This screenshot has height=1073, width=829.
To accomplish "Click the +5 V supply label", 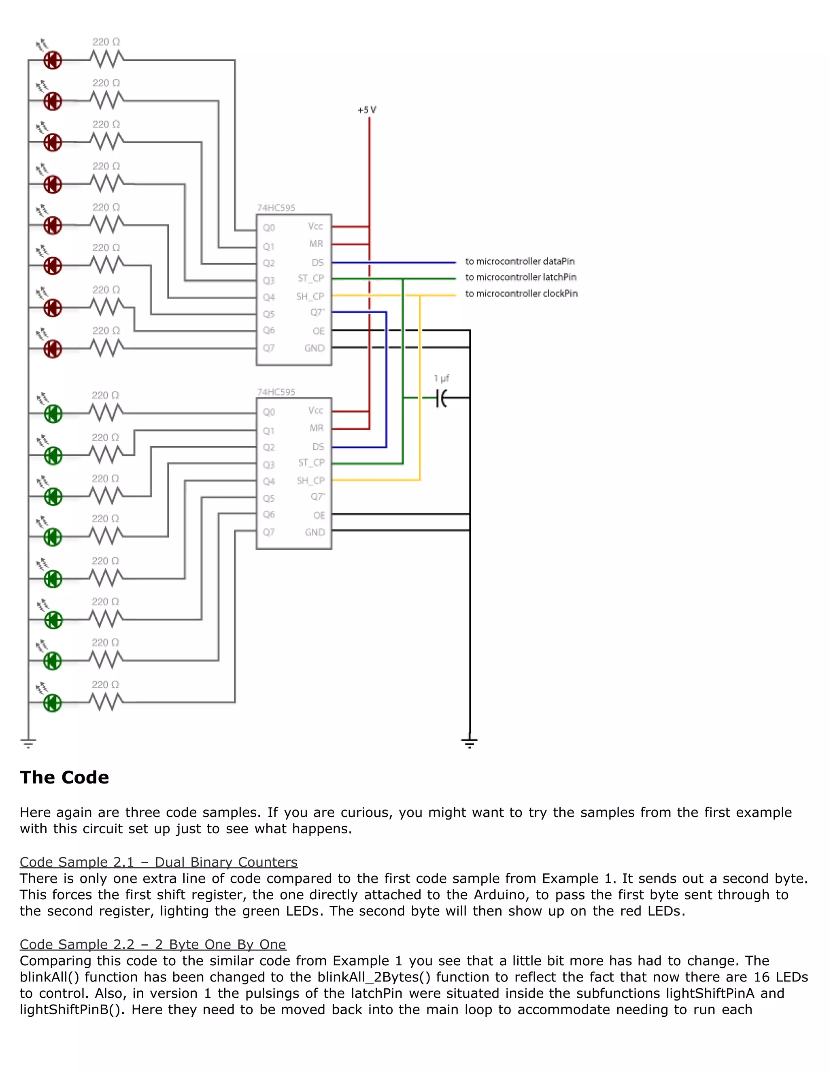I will click(x=367, y=110).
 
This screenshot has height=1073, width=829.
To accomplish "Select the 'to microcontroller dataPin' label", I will click(x=520, y=262).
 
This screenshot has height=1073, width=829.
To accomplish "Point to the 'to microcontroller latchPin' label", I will click(x=521, y=277).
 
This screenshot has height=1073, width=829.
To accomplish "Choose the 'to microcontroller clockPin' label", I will click(x=521, y=293).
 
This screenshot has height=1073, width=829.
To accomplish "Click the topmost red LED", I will click(x=53, y=60).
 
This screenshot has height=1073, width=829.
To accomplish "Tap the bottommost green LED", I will click(x=53, y=703).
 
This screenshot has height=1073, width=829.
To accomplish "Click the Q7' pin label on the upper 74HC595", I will click(x=317, y=313).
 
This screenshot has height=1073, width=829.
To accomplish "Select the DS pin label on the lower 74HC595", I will click(x=318, y=447).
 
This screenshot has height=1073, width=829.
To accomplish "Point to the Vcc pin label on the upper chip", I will click(x=315, y=226).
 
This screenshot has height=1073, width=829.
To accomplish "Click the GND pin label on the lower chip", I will click(x=315, y=532).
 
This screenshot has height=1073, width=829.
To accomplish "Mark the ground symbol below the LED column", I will click(x=28, y=743).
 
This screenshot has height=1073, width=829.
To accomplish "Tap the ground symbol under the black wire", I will click(x=470, y=743).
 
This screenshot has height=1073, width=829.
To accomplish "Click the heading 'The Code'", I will click(x=64, y=778).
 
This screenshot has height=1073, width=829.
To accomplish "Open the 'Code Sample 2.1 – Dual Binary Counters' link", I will click(x=159, y=862).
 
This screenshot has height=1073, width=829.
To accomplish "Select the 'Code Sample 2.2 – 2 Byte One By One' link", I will click(x=153, y=944).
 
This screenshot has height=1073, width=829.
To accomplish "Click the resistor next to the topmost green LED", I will click(x=106, y=413).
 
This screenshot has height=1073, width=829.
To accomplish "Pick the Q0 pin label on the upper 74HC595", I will click(x=269, y=228).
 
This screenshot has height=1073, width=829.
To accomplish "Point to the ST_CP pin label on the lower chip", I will click(x=311, y=463).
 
